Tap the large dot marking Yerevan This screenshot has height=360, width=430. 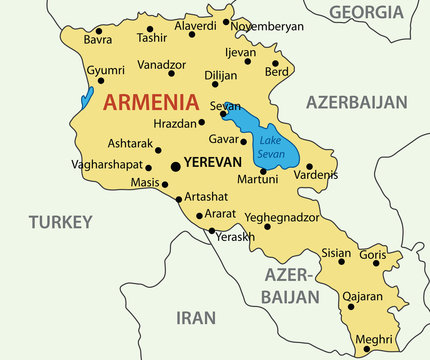(176, 167)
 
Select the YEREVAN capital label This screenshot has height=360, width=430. (214, 161)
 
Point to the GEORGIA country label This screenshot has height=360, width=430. (366, 12)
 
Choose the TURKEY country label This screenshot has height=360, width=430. (60, 221)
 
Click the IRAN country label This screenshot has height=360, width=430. (195, 318)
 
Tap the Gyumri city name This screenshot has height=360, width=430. (105, 71)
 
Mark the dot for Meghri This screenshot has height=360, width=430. (353, 350)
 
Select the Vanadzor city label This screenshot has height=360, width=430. (161, 64)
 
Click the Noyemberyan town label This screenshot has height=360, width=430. (267, 26)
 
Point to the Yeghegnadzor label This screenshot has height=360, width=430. (282, 216)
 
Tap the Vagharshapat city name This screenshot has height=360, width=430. (107, 164)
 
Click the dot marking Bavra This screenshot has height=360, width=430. (98, 31)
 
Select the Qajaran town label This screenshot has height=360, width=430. (363, 296)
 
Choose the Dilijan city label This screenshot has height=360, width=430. (221, 75)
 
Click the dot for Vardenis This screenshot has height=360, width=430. (309, 166)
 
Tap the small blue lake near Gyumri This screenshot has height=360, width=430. (88, 98)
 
